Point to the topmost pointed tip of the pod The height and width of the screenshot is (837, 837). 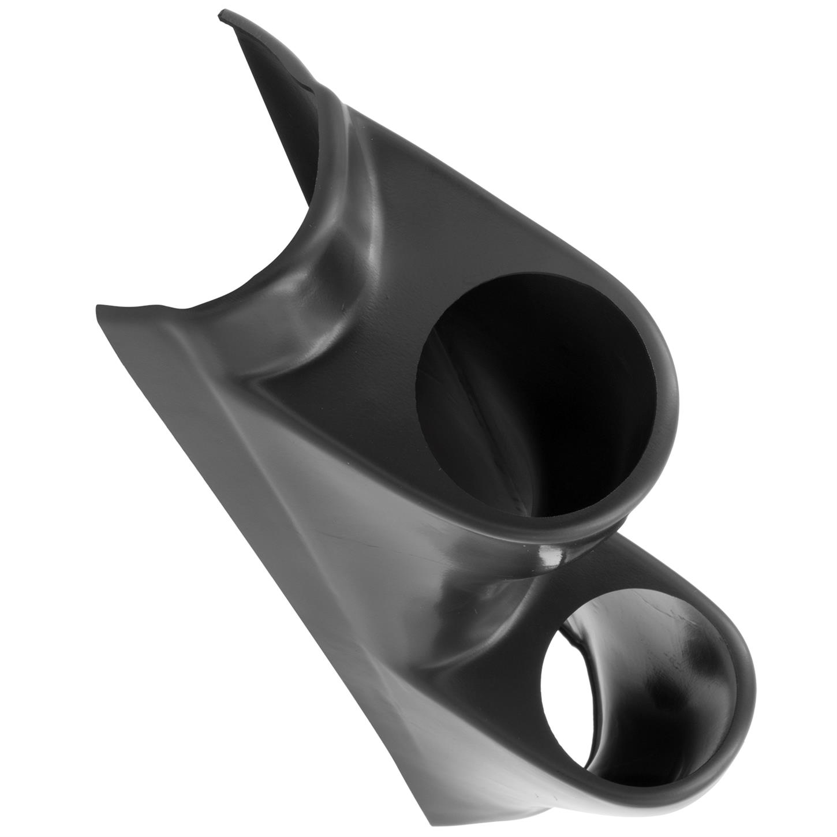tap(221, 15)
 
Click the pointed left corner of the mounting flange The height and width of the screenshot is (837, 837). tap(97, 306)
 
